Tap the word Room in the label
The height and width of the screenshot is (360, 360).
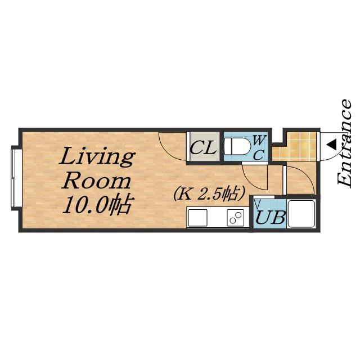coord(97,182)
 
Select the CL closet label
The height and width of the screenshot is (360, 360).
coord(204,147)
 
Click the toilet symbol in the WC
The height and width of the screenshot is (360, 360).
coord(237,146)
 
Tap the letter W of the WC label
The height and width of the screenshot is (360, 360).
coord(259,140)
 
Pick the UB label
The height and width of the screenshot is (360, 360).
coord(271,217)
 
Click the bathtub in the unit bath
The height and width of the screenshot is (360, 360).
coord(301,214)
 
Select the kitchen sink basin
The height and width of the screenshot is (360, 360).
coord(197,218)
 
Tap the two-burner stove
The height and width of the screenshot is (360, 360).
coord(235,218)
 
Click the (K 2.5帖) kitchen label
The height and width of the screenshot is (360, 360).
coord(209,193)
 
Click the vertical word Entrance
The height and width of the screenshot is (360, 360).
coord(344,143)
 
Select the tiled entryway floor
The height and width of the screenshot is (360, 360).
coord(297,147)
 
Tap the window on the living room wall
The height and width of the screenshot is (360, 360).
coord(16,178)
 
